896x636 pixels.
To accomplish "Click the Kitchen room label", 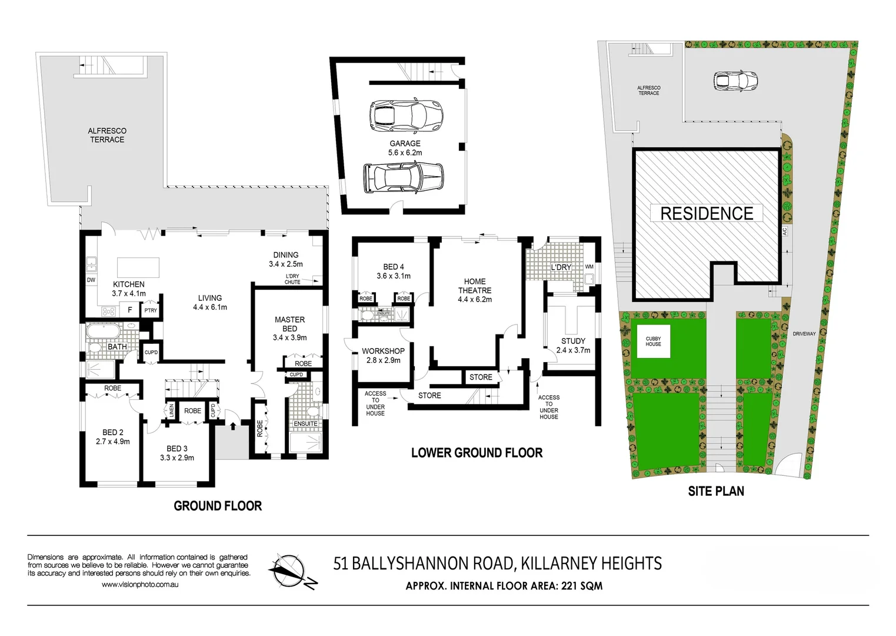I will (129, 284).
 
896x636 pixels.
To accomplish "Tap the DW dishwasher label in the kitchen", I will (91, 280).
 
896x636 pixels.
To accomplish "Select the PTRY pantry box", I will (151, 310).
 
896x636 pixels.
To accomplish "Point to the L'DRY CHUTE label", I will (292, 279).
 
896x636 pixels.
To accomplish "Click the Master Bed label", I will (289, 324).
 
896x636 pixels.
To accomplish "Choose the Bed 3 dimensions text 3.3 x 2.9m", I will (177, 458).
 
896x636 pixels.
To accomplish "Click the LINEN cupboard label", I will (171, 410).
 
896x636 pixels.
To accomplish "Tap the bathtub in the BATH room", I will (103, 333).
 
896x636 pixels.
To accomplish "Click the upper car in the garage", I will (405, 115).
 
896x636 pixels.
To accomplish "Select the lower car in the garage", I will (404, 177).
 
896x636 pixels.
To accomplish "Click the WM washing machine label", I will (589, 267).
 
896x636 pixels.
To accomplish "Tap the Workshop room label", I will (383, 351).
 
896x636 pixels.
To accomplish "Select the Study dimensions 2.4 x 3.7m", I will (573, 350).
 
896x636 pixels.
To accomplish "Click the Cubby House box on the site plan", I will (653, 342).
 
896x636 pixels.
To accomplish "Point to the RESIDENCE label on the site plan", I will (707, 213).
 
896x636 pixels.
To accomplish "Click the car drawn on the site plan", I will (735, 81).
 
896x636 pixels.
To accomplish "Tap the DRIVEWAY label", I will (804, 334).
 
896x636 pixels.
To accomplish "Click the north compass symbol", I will (288, 571).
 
